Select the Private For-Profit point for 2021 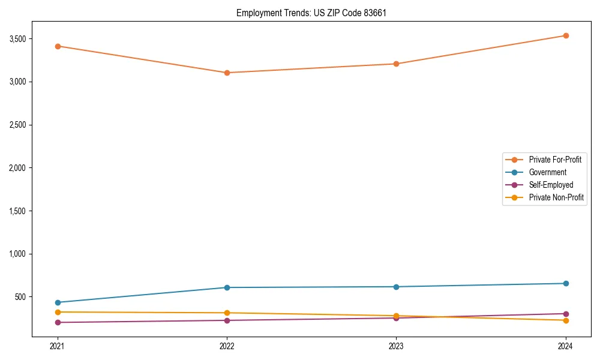click(58, 46)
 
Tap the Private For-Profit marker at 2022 click(227, 73)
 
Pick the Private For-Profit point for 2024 click(566, 35)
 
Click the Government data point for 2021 click(58, 302)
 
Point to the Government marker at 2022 click(227, 287)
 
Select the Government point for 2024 click(566, 283)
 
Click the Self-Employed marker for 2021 click(58, 322)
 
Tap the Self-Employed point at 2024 click(566, 314)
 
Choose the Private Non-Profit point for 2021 click(58, 312)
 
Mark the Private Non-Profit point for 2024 click(566, 320)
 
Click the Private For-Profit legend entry click(555, 160)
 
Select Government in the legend click(547, 172)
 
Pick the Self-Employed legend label click(551, 185)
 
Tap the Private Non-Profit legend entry click(556, 197)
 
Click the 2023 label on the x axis click(396, 346)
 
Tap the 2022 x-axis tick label click(227, 346)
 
